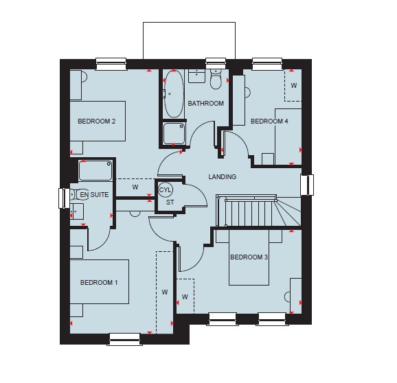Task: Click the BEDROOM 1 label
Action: tap(99, 282)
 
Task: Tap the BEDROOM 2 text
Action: tap(96, 121)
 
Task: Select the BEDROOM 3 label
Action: tap(249, 257)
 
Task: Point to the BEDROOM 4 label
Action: tap(269, 121)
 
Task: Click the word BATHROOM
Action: tap(205, 103)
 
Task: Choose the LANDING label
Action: tap(223, 176)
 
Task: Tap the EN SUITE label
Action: tap(94, 194)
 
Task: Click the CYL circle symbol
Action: tap(166, 189)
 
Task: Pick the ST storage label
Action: tap(170, 202)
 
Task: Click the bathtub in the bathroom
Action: tap(174, 93)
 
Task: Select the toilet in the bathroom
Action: tap(216, 79)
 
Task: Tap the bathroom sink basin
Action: tap(196, 76)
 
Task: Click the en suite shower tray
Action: tap(95, 170)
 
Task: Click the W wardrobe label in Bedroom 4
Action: tap(294, 86)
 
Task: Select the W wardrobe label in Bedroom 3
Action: tap(185, 297)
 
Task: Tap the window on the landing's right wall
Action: tap(307, 185)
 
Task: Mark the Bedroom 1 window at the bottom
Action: tap(124, 339)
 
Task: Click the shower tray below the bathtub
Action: tap(174, 133)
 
